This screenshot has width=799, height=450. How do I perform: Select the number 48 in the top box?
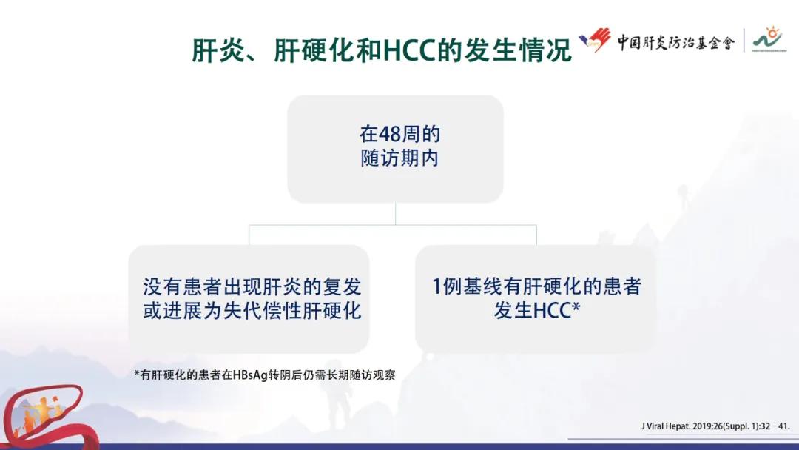[389, 135]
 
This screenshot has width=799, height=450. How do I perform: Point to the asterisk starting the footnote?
[137, 374]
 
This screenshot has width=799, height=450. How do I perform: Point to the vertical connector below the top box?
[395, 214]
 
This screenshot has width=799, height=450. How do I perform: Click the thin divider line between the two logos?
[744, 42]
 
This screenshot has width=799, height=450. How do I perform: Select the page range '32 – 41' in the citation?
[774, 426]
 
